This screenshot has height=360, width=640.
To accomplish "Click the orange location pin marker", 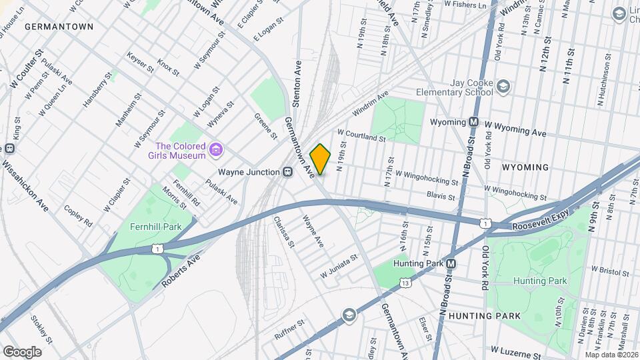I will coord(320,159).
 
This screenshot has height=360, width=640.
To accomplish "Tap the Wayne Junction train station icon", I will coord(288,172).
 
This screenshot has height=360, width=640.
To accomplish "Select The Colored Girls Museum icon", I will coord(215,151).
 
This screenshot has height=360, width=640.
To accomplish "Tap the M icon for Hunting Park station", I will coord(451,263).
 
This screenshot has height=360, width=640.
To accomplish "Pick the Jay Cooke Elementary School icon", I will coord(503,87).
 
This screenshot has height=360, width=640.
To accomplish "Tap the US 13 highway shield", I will coord(405,283).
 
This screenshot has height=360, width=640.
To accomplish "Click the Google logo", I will coord(21,351).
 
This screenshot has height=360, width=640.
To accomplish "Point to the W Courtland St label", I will coord(362,136).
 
